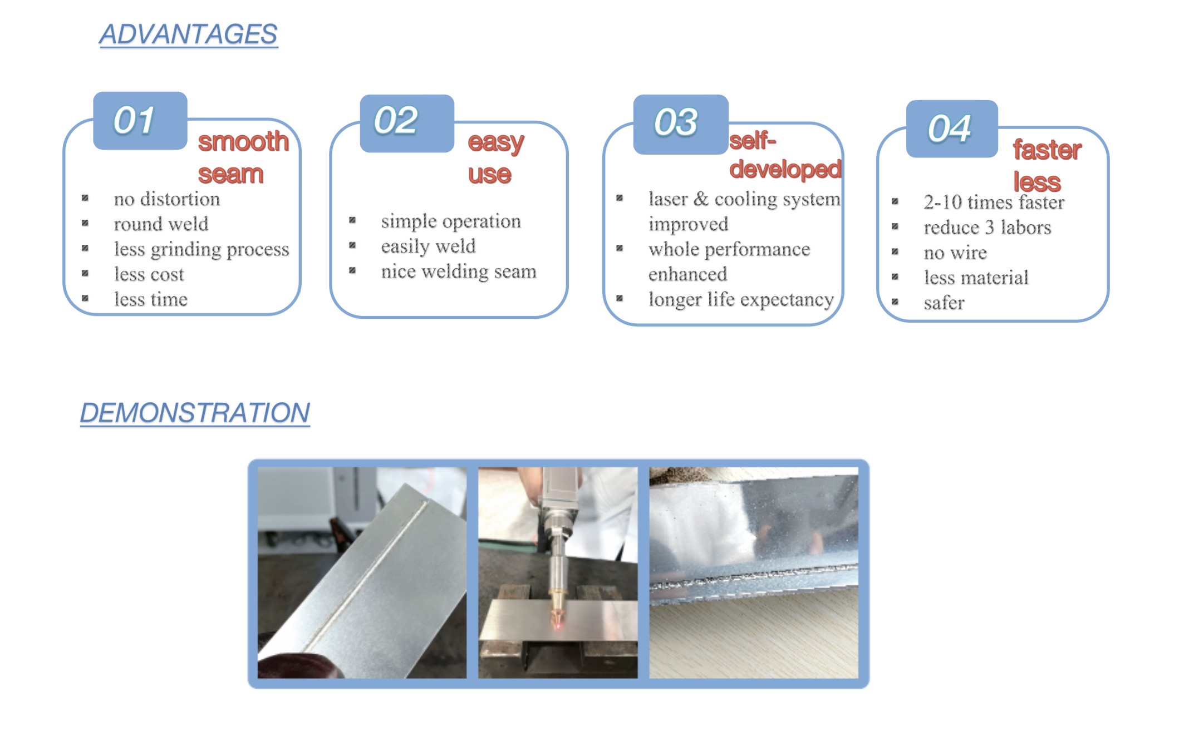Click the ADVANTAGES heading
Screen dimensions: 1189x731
[188, 34]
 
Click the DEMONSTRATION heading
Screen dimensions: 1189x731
[195, 413]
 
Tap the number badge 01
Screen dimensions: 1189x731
[140, 120]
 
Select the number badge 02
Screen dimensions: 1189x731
[407, 123]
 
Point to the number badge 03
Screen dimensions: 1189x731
[681, 124]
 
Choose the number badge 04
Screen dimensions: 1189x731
[952, 129]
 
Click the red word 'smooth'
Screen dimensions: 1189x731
[243, 141]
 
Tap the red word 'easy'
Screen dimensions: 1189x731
[496, 142]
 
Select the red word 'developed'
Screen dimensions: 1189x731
[785, 169]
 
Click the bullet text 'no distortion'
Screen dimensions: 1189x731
[167, 199]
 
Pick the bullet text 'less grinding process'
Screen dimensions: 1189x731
[202, 249]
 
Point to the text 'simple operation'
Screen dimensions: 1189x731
[451, 221]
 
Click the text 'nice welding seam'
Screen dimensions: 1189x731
[459, 271]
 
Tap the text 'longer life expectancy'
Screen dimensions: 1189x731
[741, 299]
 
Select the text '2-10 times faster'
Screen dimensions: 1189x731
[994, 202]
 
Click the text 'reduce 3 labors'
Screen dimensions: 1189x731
[987, 227]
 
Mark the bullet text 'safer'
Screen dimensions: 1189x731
[944, 303]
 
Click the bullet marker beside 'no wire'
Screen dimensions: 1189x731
[895, 251]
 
